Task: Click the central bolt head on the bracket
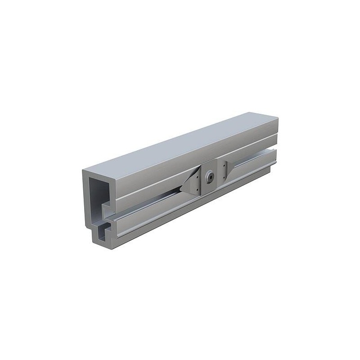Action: [210, 178]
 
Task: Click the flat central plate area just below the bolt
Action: [211, 186]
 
